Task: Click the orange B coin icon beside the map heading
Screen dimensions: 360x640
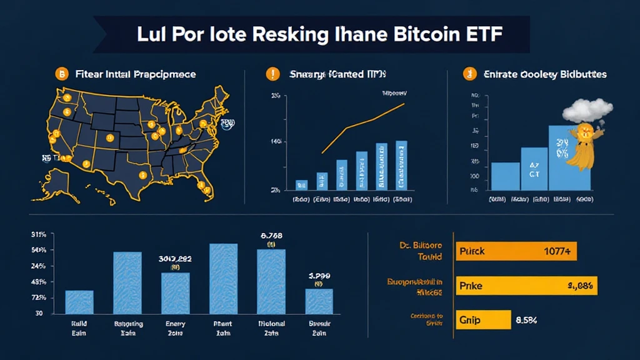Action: [x=62, y=74]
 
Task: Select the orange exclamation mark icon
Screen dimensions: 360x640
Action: [x=272, y=74]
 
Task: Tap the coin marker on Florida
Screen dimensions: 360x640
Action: [x=201, y=186]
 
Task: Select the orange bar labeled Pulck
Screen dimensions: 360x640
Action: [x=516, y=251]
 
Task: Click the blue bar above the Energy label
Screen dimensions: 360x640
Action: [x=176, y=293]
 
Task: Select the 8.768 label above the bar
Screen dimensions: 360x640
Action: [x=271, y=236]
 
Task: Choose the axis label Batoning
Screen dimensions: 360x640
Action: [x=129, y=324]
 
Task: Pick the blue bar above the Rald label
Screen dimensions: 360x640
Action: [x=79, y=302]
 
